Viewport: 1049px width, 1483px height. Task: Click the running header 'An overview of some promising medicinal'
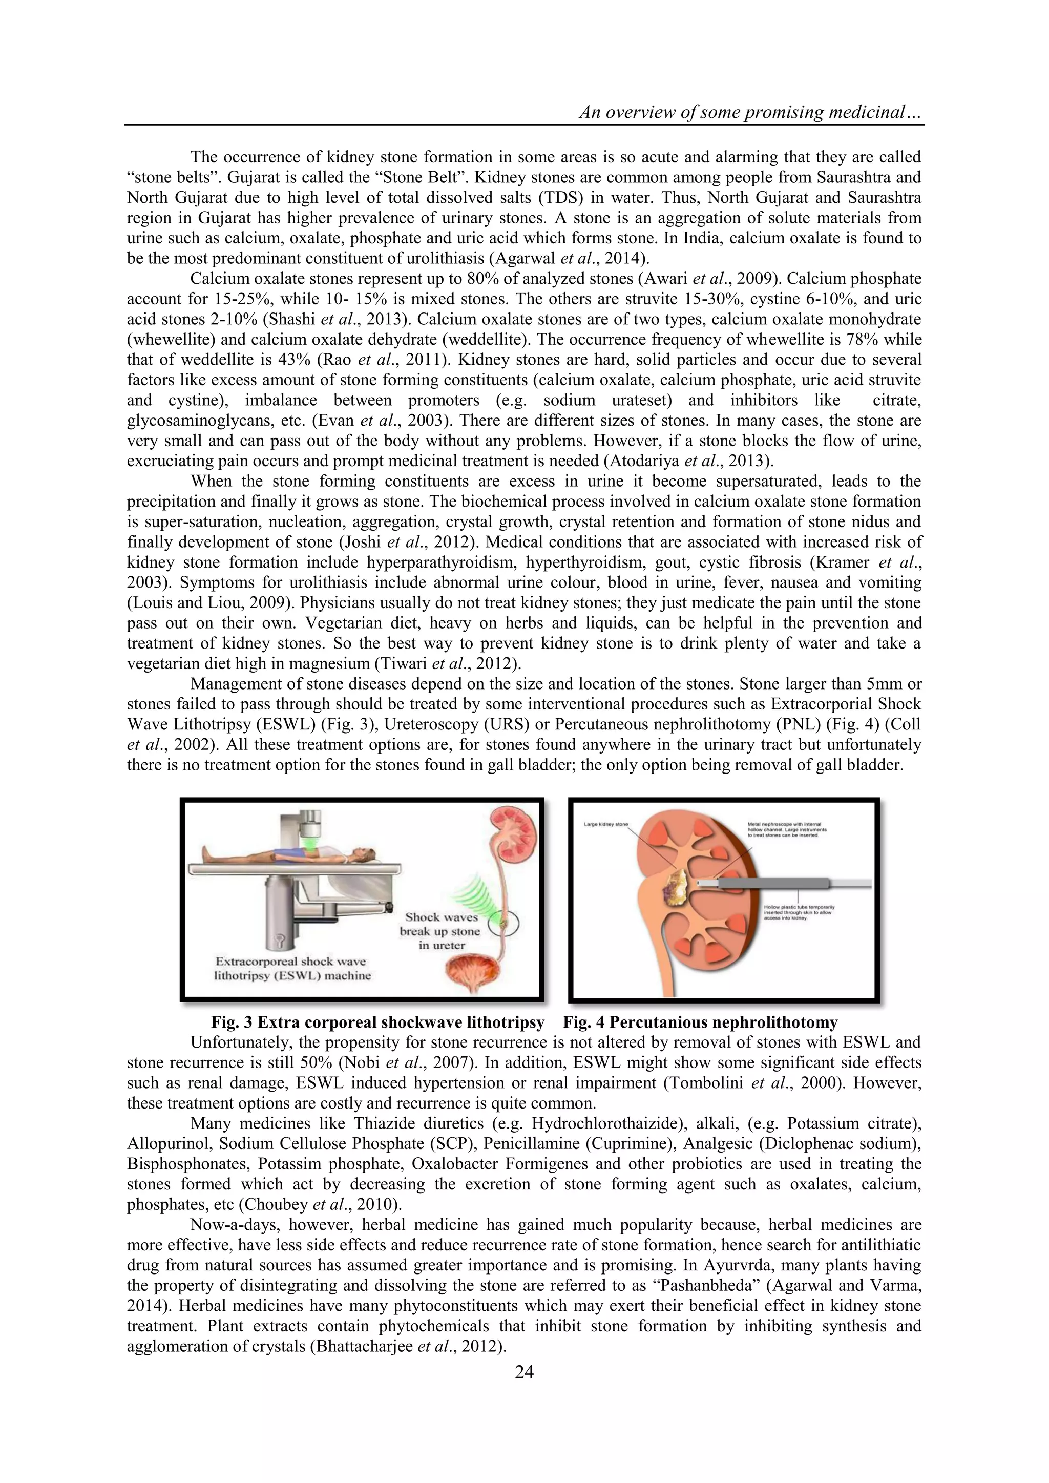(x=750, y=112)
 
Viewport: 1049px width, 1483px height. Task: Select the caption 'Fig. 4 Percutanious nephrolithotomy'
(x=700, y=1022)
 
